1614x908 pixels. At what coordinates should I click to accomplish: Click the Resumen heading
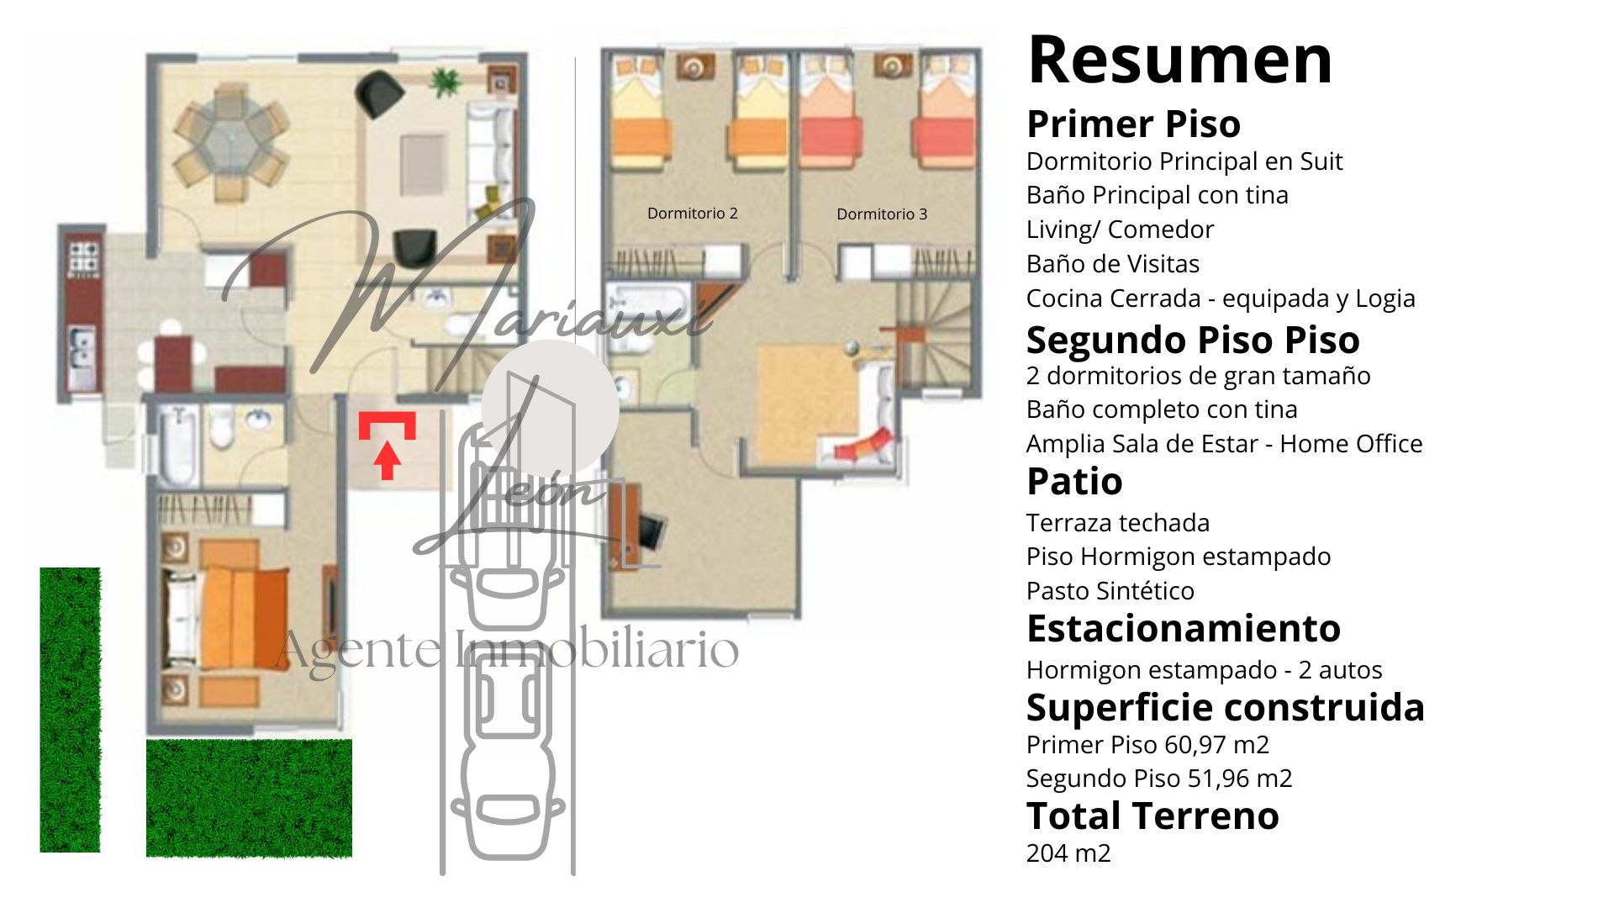[1179, 60]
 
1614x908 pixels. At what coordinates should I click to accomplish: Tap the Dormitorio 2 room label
[692, 214]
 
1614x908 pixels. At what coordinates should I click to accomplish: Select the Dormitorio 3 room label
[882, 214]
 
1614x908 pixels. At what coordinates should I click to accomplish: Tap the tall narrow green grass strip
[70, 710]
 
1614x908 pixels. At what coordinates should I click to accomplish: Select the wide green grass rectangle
[249, 798]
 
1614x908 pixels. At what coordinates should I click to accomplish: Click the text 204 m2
[1068, 853]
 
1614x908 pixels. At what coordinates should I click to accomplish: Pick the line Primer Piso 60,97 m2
[1147, 745]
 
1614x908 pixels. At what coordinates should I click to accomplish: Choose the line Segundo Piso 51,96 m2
[1159, 779]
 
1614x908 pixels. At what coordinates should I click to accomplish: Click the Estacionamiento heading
[1184, 629]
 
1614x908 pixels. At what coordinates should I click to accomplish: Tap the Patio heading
[1074, 482]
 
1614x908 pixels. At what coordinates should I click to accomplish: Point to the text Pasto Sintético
[1110, 591]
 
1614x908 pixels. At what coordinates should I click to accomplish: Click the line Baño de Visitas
[1112, 264]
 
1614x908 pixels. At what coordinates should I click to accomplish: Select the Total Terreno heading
[1152, 816]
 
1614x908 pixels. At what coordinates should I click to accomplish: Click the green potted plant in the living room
[444, 82]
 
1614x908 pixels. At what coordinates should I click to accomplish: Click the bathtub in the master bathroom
[177, 446]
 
